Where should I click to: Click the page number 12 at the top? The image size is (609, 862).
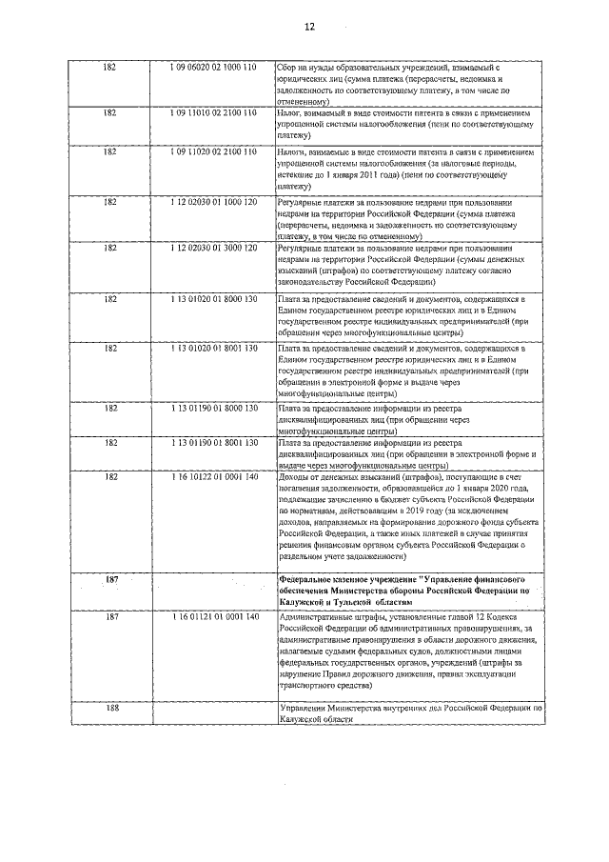click(308, 27)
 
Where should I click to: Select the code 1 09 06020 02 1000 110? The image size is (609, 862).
click(214, 70)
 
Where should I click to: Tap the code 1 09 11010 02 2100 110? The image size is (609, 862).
click(214, 113)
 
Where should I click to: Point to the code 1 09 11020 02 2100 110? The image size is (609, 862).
click(214, 151)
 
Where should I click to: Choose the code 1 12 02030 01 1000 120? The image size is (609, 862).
click(214, 203)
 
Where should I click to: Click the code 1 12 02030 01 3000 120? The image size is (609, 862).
click(214, 248)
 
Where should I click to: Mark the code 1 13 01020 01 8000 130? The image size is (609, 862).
click(214, 299)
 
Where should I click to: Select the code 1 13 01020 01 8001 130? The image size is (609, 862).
click(214, 350)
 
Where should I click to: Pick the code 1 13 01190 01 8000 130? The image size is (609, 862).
click(214, 408)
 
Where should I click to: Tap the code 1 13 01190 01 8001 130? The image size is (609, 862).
click(214, 443)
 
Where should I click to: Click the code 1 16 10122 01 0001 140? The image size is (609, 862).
click(214, 475)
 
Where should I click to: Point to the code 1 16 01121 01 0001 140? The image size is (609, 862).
click(214, 619)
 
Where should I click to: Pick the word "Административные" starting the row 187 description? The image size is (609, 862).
click(309, 619)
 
